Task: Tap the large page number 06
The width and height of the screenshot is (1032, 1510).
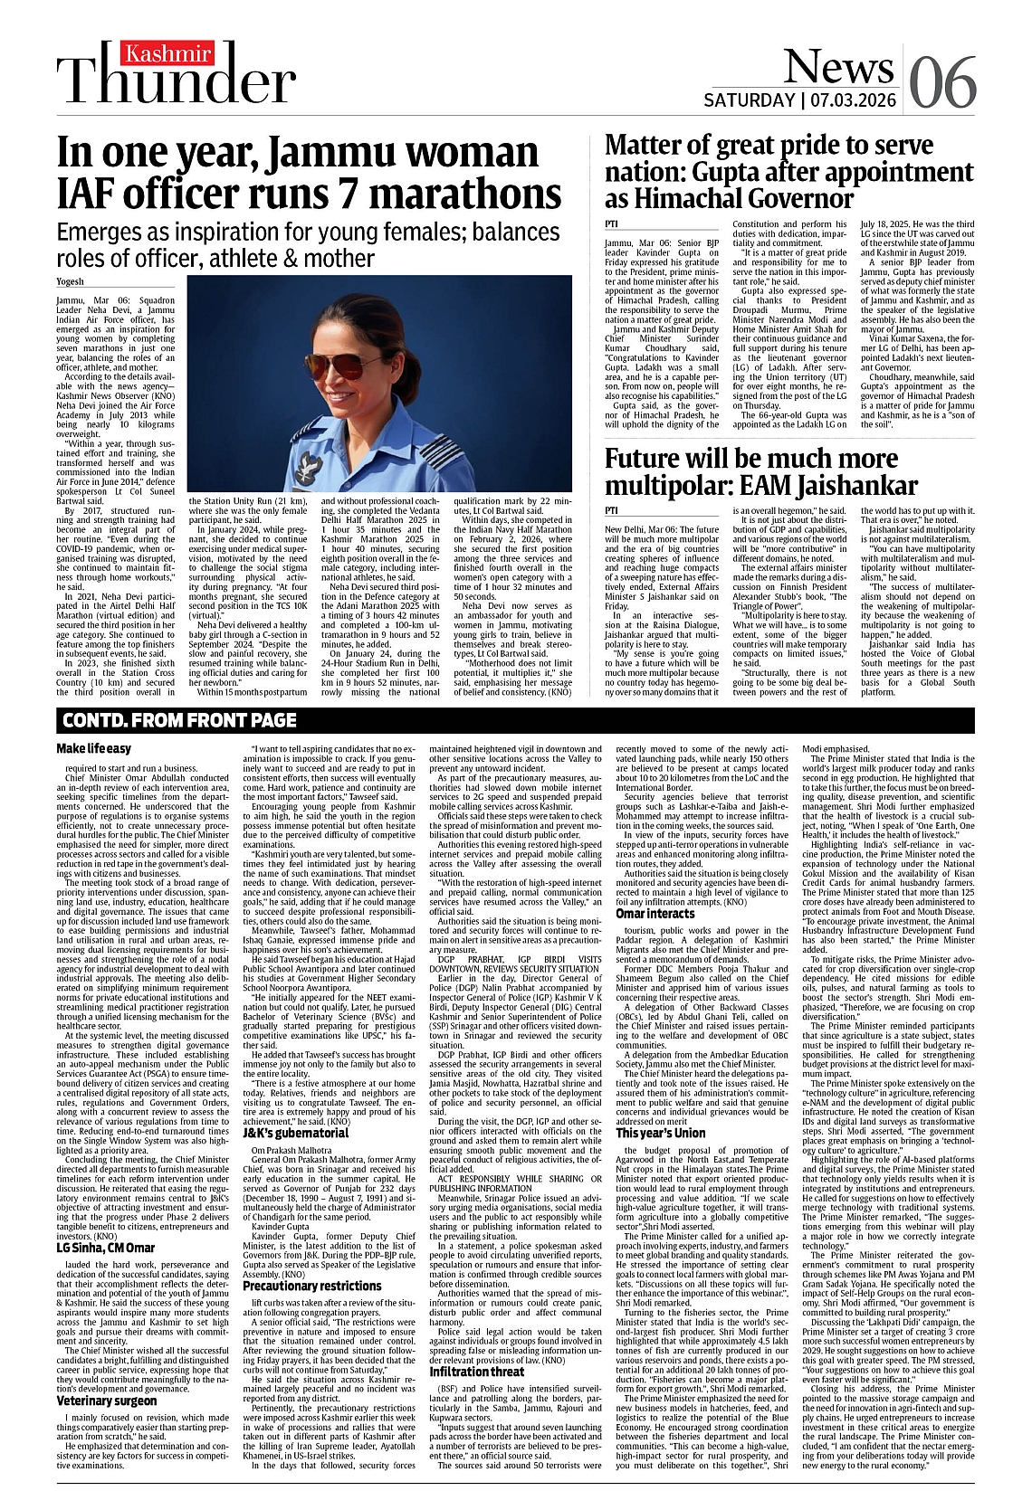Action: coord(942,82)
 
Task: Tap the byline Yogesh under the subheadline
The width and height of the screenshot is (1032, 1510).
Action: coord(70,282)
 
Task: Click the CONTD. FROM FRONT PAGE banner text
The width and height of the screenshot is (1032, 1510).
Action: coord(178,721)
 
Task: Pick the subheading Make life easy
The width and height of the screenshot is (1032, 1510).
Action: coord(93,748)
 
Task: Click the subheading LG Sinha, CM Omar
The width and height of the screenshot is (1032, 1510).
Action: coord(105,1249)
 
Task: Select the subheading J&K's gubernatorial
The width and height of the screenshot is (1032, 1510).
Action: coord(295,1133)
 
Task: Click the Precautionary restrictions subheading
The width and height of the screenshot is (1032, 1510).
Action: coord(311,1286)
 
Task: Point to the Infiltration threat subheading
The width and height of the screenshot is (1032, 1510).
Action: coord(476,1372)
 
